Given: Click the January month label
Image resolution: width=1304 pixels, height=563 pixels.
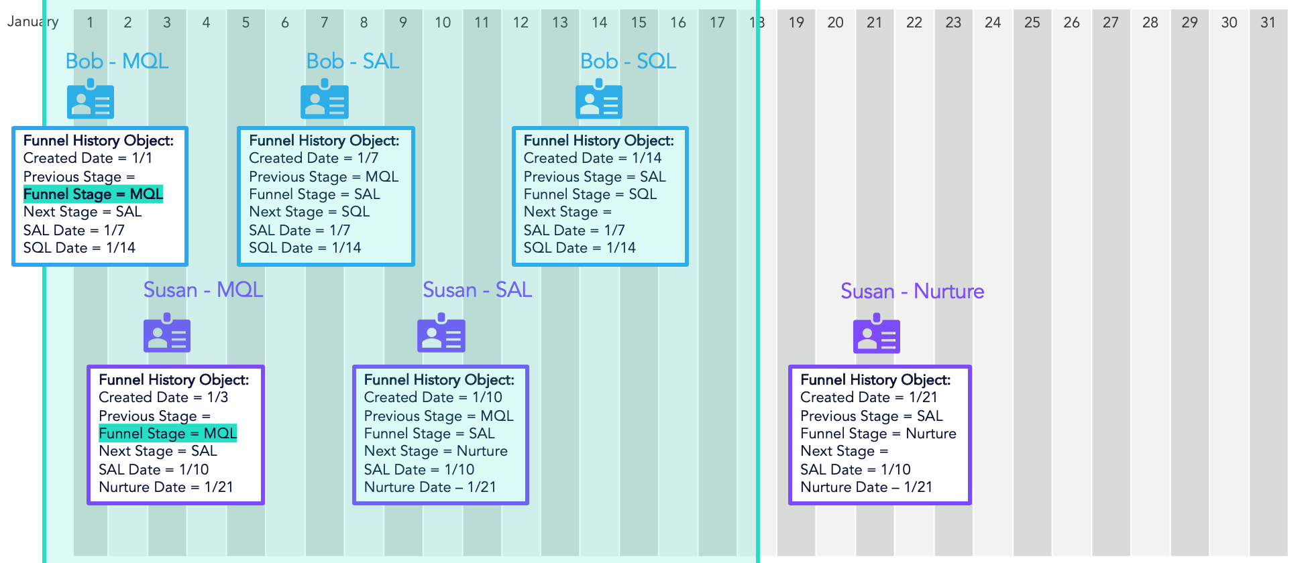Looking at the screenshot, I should click(32, 21).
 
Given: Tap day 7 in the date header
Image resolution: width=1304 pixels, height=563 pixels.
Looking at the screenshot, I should click(324, 23).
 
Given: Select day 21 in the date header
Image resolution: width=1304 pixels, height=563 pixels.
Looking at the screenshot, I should click(874, 23).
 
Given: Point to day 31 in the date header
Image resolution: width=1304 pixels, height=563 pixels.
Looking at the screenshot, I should click(1268, 23).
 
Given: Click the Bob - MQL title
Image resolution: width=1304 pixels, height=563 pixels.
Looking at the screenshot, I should click(117, 61).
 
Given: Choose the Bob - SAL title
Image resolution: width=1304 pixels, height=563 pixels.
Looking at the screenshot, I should click(353, 61).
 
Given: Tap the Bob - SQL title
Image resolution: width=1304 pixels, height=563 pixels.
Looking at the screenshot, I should click(628, 61).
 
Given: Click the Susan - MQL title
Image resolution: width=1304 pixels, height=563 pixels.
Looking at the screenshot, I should click(203, 290).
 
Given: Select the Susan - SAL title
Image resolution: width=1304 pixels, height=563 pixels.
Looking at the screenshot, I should click(477, 290).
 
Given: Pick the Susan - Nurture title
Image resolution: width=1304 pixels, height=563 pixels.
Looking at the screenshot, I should click(912, 291).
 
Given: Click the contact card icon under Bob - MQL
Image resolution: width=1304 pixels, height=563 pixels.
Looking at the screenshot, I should click(91, 99).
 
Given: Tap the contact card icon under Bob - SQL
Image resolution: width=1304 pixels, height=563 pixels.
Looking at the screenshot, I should click(599, 99).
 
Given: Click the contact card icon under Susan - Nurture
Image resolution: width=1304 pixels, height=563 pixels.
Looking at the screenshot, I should click(877, 334).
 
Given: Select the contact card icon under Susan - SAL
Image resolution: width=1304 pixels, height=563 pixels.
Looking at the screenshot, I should click(441, 333).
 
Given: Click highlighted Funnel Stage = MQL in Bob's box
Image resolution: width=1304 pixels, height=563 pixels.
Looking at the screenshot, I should click(93, 194).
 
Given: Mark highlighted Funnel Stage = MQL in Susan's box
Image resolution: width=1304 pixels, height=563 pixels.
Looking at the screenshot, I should click(168, 434).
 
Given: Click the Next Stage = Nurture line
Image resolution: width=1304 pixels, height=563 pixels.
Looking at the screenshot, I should click(435, 451).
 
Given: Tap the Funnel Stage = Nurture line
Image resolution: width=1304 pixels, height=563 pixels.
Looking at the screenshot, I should click(878, 434).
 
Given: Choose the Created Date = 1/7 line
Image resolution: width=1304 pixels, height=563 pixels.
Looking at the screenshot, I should click(313, 158).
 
